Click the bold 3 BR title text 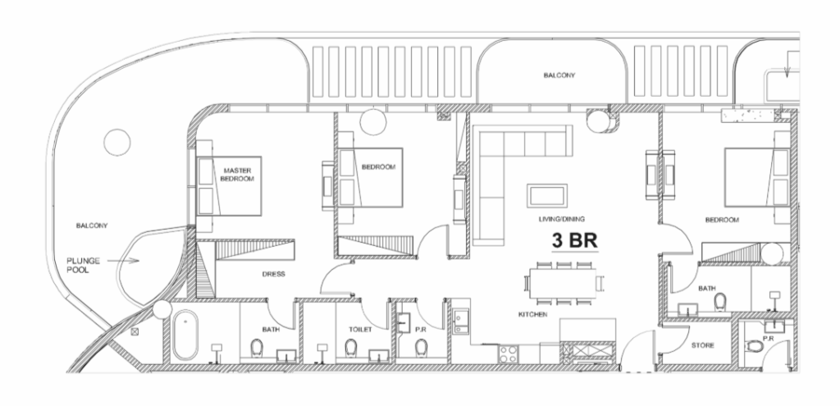[575, 241]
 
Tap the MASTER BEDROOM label [237, 175]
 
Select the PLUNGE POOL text [83, 265]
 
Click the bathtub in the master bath [185, 335]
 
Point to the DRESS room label [273, 274]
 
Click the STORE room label [702, 345]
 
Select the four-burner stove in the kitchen [509, 354]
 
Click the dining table [563, 283]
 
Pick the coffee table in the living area [547, 195]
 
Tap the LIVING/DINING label [561, 219]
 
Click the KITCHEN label [532, 314]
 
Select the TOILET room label [360, 330]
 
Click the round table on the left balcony [116, 143]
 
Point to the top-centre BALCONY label [559, 75]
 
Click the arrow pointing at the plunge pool [123, 261]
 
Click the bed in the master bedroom [230, 186]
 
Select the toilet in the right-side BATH [720, 302]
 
